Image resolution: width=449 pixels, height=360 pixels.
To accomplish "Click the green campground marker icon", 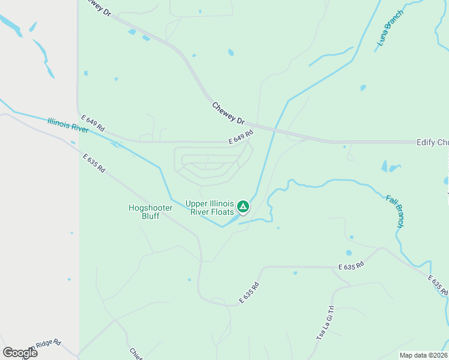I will [x=243, y=208].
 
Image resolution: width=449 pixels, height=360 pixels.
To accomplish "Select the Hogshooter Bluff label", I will [x=151, y=212].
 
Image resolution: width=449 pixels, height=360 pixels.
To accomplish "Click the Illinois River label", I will [x=68, y=125].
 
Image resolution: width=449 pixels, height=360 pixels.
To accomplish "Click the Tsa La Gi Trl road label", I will [x=324, y=325].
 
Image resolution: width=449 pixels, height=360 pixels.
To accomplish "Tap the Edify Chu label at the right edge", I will [x=432, y=142].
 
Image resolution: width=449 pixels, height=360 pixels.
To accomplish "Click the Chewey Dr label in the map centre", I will [x=229, y=114].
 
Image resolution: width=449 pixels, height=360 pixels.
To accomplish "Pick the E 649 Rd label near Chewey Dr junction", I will [x=241, y=138].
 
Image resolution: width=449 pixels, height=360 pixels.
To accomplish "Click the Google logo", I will [x=20, y=352].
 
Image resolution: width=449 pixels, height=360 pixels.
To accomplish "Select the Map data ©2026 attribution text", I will [x=423, y=355].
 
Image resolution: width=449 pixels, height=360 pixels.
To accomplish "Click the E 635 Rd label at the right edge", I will [x=438, y=284].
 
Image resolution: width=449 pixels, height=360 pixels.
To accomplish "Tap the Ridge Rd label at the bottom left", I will [x=47, y=344].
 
